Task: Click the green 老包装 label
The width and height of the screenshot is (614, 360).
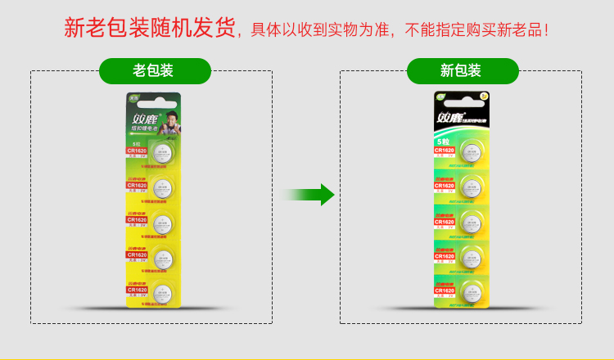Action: (152, 71)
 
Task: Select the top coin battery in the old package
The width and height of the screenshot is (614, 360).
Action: (162, 152)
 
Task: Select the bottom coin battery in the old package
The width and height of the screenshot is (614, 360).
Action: (162, 291)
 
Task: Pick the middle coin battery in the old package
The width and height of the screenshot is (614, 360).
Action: (162, 222)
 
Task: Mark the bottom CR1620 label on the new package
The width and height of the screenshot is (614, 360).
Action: (445, 290)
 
